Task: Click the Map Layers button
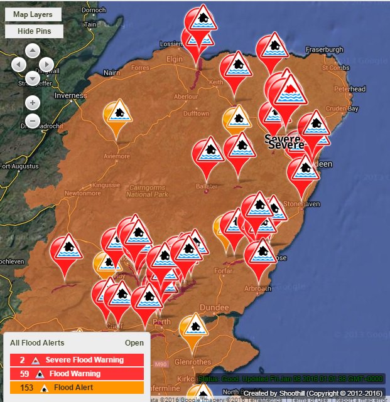pos(33,14)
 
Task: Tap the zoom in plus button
pos(33,102)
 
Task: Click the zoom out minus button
pos(33,120)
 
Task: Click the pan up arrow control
pos(33,50)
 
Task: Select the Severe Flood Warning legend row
pos(77,361)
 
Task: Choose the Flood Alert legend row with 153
pos(77,388)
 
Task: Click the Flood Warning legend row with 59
pos(77,374)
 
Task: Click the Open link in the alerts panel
pos(134,343)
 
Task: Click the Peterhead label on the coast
pos(349,89)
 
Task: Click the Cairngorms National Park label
pos(147,191)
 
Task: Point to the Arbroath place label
pos(257,288)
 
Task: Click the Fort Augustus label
pos(15,166)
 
